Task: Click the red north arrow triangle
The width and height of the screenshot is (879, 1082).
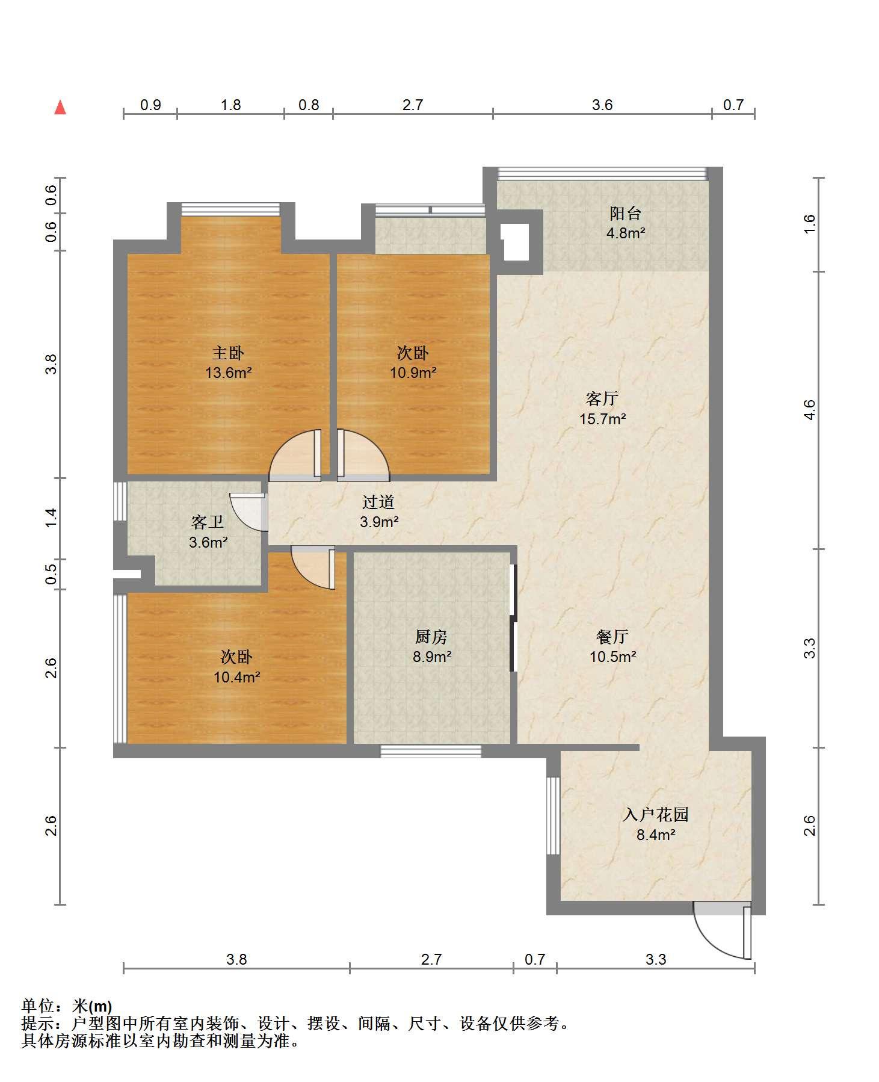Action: (x=60, y=107)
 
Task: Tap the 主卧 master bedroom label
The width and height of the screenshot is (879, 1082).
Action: (x=228, y=353)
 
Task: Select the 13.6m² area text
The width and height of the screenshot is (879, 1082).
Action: (x=228, y=373)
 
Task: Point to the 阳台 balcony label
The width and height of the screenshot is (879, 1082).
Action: (x=626, y=213)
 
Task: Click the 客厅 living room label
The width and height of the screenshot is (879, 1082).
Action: (x=602, y=398)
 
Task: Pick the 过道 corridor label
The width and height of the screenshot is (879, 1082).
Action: (x=378, y=502)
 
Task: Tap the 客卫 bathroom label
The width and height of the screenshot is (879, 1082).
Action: (x=208, y=522)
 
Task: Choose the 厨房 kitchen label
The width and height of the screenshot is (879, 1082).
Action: (x=431, y=637)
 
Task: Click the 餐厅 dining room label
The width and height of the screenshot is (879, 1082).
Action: (x=612, y=637)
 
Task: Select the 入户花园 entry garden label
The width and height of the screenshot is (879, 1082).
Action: (x=655, y=815)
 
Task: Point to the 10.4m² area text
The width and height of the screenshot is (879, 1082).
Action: (x=236, y=677)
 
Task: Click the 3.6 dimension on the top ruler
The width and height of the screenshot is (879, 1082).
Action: (x=602, y=105)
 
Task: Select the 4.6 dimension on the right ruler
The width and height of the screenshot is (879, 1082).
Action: (x=810, y=410)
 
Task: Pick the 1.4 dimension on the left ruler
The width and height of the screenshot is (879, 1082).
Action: (x=52, y=518)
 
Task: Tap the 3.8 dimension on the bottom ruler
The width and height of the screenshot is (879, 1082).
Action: (x=236, y=959)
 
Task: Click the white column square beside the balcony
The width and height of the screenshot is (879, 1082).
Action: (x=516, y=242)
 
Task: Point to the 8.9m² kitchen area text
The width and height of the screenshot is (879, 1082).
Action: (x=432, y=657)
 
